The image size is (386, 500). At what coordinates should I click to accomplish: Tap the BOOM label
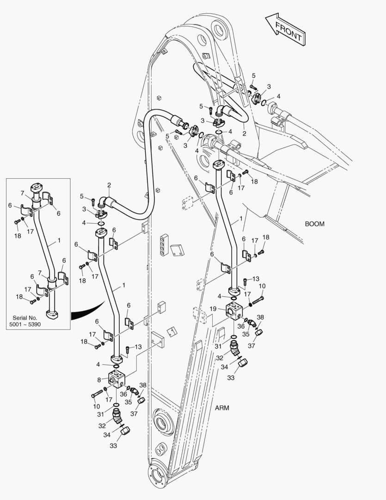click(314, 224)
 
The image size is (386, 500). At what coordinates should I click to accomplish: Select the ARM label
click(222, 408)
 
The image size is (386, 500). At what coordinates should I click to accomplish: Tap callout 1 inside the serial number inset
click(59, 241)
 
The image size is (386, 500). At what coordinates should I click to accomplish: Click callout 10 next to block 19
click(262, 287)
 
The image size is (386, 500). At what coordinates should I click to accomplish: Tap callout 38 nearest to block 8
click(143, 385)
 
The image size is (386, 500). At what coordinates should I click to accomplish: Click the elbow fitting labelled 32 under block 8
click(119, 418)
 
